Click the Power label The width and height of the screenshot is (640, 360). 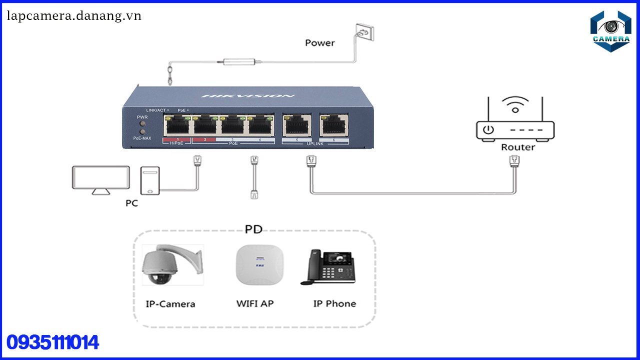pyautogui.click(x=319, y=43)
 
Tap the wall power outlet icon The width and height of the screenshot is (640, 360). pyautogui.click(x=364, y=33)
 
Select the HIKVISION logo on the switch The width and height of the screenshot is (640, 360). pyautogui.click(x=248, y=95)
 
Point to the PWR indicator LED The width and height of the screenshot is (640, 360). pyautogui.click(x=143, y=123)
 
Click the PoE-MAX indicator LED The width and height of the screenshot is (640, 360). pyautogui.click(x=143, y=132)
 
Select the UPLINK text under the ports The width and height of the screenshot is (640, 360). pyautogui.click(x=315, y=144)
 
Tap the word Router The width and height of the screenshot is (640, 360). pyautogui.click(x=517, y=147)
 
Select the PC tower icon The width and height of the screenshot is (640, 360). pyautogui.click(x=150, y=180)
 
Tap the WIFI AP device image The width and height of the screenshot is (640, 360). pyautogui.click(x=259, y=265)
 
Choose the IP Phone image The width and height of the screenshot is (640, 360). pyautogui.click(x=328, y=267)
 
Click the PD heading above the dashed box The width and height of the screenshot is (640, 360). pyautogui.click(x=253, y=229)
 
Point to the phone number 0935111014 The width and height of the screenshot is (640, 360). pyautogui.click(x=52, y=343)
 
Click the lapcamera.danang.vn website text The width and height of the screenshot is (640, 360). pyautogui.click(x=74, y=16)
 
